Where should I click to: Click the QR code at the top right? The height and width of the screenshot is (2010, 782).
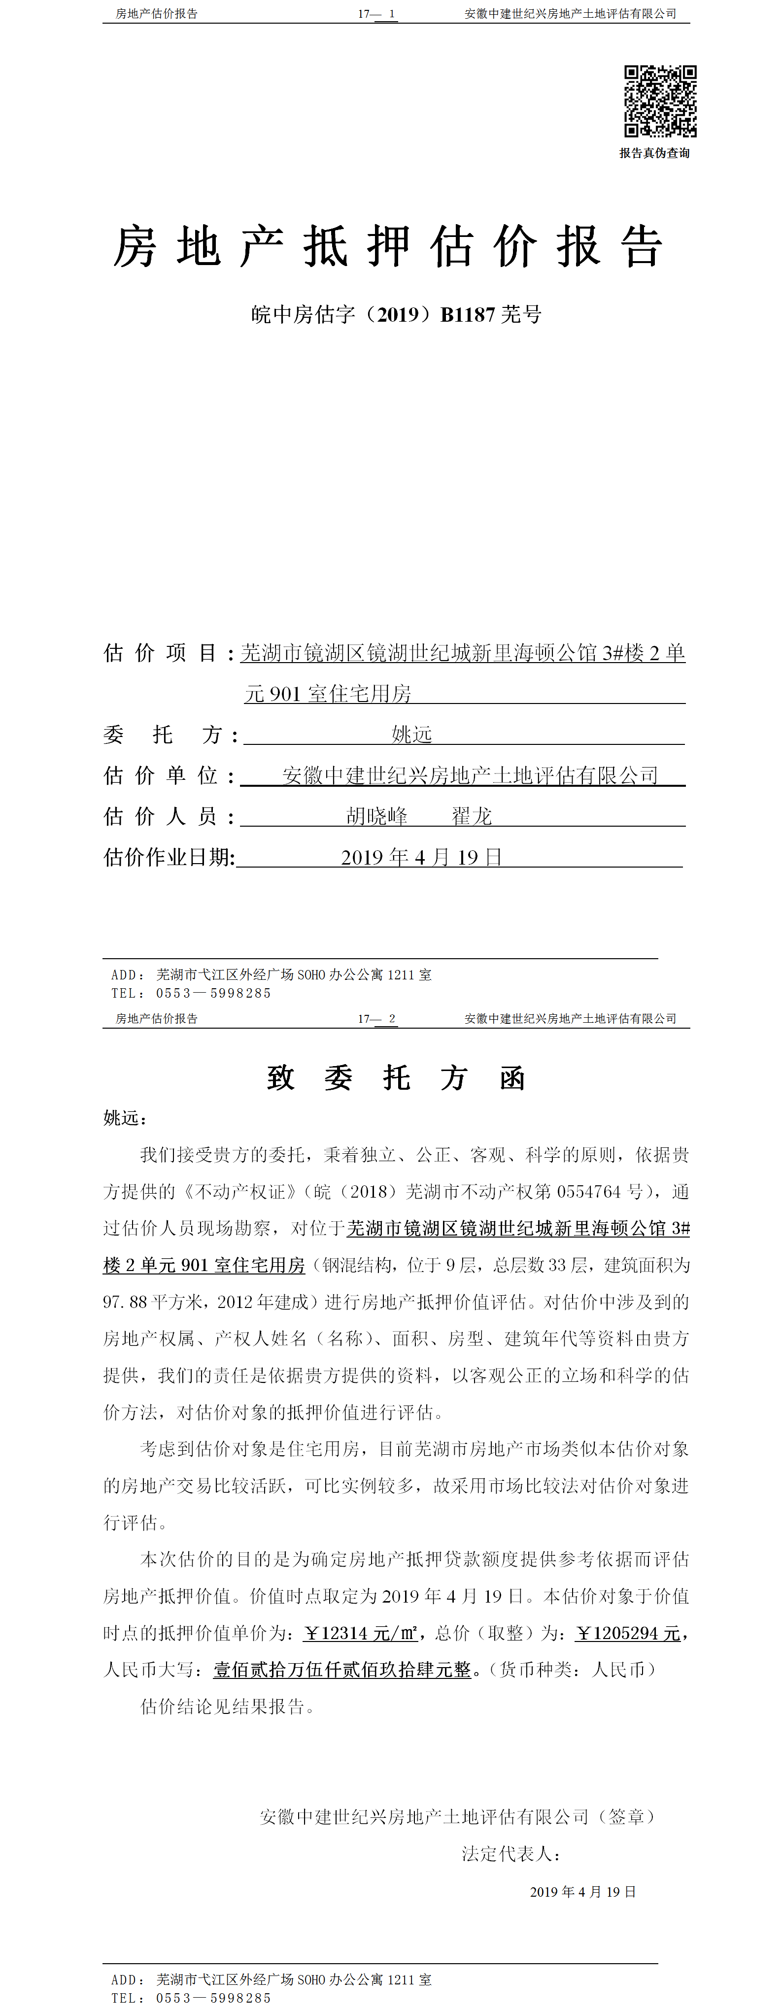click(x=659, y=100)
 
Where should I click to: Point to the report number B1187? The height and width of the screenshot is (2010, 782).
click(x=468, y=314)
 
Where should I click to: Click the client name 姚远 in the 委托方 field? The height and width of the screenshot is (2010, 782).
click(x=411, y=734)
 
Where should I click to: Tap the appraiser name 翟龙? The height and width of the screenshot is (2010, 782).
click(x=472, y=816)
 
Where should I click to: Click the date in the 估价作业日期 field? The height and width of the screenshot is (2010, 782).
click(x=421, y=858)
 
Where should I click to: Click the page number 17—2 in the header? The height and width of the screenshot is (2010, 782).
click(x=377, y=1018)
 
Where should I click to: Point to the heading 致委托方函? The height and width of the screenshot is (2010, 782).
click(x=396, y=1078)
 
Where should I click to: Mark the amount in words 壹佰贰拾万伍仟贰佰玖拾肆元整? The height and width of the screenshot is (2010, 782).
click(x=342, y=1670)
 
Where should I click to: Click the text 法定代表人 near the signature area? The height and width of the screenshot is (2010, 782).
click(x=510, y=1854)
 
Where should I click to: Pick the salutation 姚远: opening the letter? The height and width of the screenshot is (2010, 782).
click(x=125, y=1118)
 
